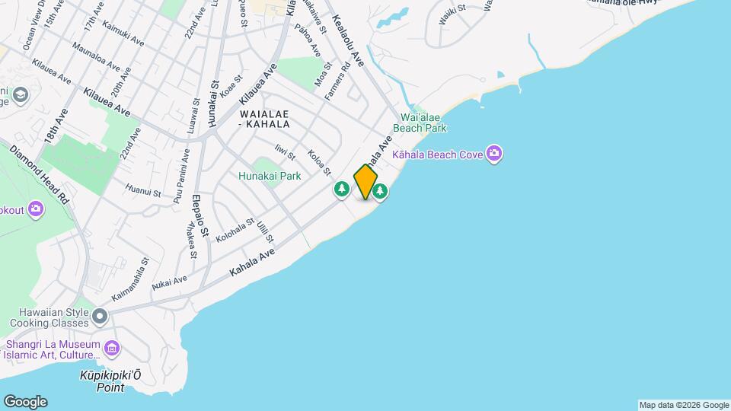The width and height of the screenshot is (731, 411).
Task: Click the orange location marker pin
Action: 365,182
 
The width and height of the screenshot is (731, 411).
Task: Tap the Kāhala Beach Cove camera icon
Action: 494,155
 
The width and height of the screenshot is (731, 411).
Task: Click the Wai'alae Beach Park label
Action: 424,123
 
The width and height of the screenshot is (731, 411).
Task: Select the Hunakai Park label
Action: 270,176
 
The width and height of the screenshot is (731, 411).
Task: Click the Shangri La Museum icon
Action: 113,349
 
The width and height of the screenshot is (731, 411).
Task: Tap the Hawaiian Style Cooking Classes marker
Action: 101,314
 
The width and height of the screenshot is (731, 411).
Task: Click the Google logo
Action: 24,402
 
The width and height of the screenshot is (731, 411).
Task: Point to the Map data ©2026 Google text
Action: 684,405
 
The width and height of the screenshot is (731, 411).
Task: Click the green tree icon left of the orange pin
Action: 342,190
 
